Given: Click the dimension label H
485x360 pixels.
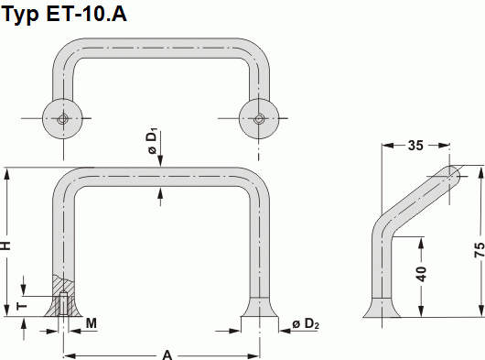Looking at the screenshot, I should tap(7, 245).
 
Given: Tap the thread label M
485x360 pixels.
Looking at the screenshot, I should tap(92, 323).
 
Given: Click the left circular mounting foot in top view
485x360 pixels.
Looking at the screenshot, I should tap(62, 118).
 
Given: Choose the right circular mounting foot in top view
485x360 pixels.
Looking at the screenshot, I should tap(259, 118).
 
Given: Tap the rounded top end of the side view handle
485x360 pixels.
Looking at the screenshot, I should tap(452, 175).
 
